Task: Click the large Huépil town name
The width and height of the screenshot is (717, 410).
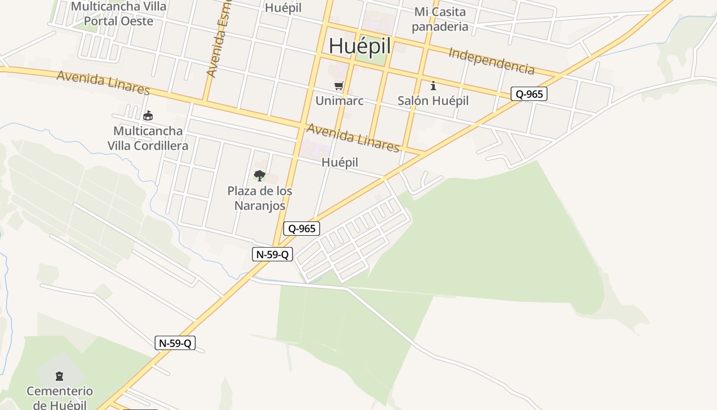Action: (x=360, y=46)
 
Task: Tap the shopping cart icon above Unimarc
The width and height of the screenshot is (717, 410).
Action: (x=339, y=86)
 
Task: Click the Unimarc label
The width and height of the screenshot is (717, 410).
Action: (x=339, y=100)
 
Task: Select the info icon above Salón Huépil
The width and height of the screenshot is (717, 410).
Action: (x=433, y=86)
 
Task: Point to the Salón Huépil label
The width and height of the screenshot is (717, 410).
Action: (x=433, y=100)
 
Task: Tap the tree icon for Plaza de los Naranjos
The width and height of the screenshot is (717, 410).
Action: (x=260, y=176)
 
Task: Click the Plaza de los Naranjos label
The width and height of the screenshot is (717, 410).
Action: (x=260, y=198)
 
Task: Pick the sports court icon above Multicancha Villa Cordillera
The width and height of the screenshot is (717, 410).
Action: (x=148, y=116)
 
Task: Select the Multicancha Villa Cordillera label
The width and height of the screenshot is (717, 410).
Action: (x=147, y=138)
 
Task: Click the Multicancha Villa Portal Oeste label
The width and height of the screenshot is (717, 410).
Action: (x=118, y=14)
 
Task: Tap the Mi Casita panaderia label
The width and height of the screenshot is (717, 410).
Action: (x=440, y=19)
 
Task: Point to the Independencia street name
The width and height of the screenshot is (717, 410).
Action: (x=491, y=61)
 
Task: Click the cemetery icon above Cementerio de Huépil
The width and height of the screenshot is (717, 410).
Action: (x=59, y=376)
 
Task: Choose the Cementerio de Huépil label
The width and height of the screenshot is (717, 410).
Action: (x=60, y=398)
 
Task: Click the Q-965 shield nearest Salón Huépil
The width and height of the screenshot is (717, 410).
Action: (x=529, y=94)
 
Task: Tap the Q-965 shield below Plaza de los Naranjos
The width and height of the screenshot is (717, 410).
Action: (x=302, y=229)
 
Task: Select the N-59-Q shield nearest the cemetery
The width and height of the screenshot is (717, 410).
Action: (x=175, y=343)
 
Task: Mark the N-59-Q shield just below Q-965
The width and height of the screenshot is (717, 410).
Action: (x=272, y=254)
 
